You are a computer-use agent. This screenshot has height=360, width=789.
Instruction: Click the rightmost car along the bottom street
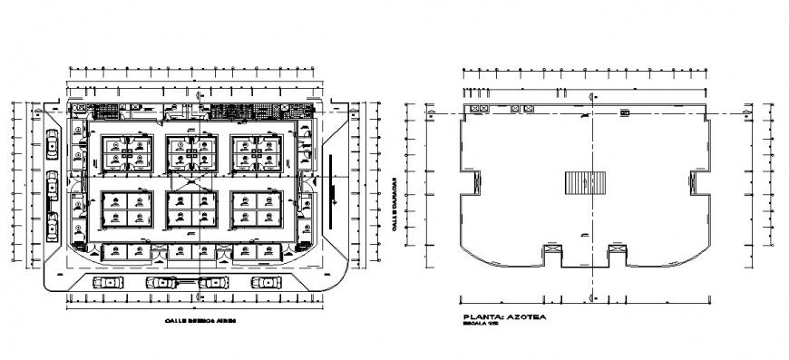click(264, 283)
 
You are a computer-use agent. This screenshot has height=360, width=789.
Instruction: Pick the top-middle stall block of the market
click(190, 153)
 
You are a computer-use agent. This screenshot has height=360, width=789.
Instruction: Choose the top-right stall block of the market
click(257, 153)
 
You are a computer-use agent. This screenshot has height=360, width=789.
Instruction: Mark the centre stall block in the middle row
click(190, 210)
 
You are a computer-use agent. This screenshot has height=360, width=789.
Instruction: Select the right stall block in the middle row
click(257, 210)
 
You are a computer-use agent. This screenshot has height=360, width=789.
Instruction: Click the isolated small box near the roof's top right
click(624, 112)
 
